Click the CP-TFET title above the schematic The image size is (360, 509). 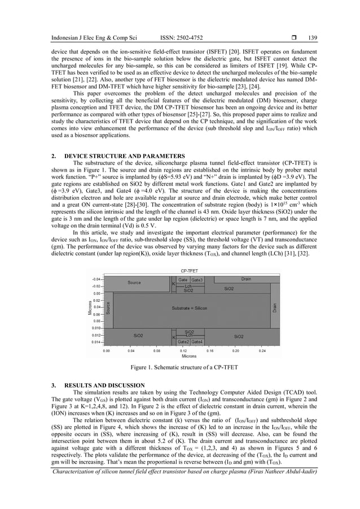point(190,270)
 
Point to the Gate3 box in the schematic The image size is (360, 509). point(197,280)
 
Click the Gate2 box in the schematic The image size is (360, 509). point(183,341)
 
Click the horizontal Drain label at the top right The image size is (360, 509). point(246,279)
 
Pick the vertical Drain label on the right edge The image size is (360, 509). point(274,308)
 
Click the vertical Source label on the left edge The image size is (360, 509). point(108,308)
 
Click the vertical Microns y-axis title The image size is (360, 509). point(89,308)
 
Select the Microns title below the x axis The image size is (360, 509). point(189,356)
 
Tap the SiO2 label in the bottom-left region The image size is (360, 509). point(138,335)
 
